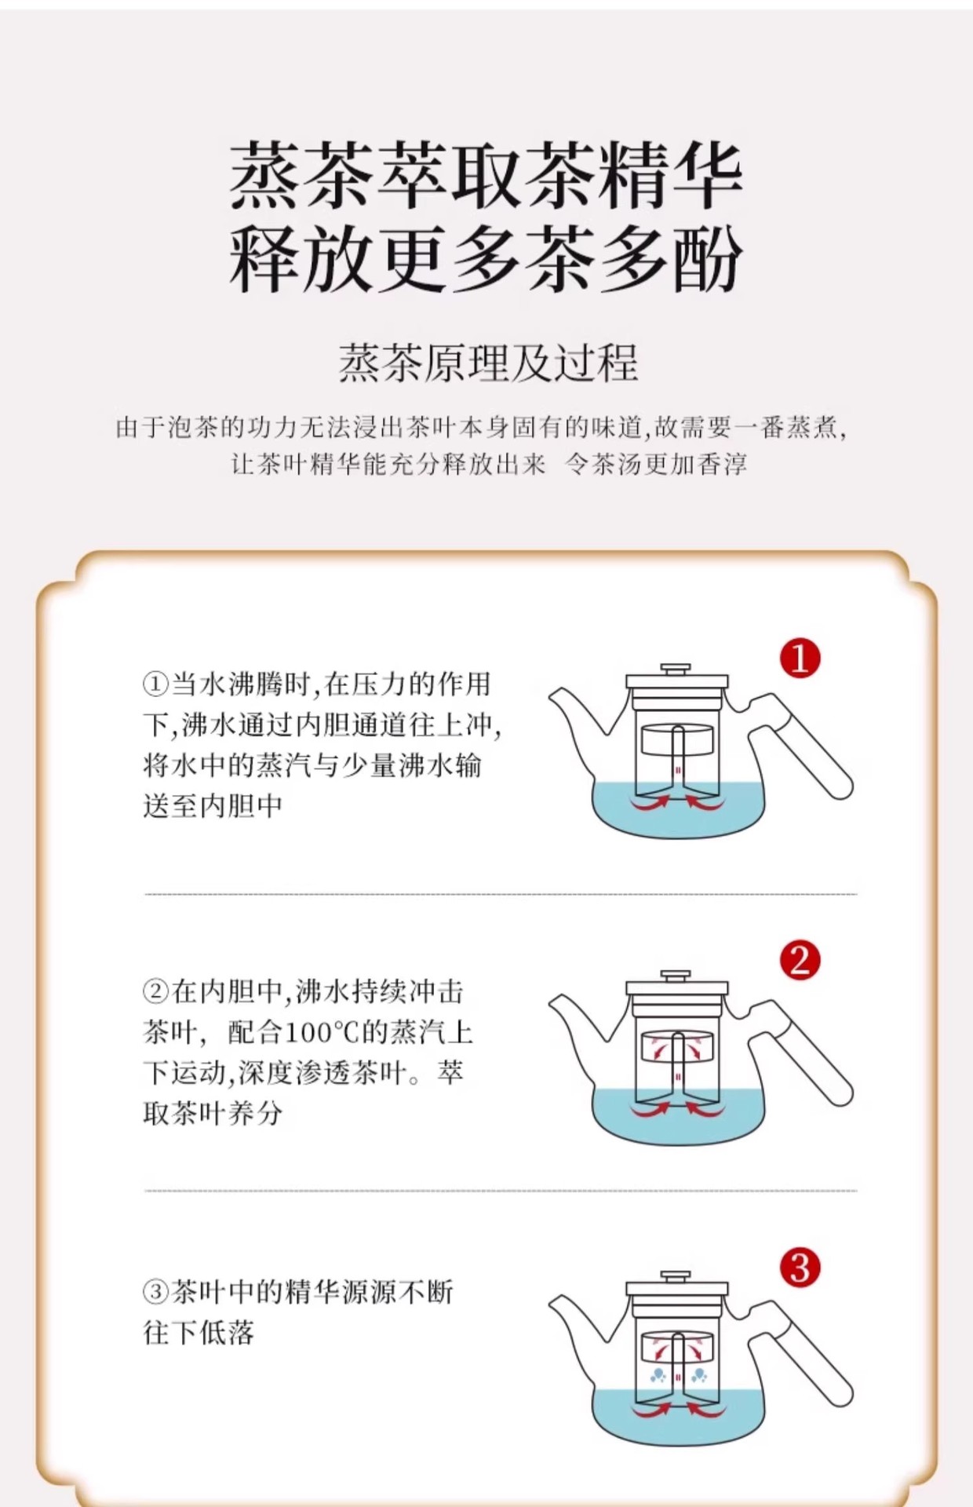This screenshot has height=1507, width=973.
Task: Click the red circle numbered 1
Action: tap(800, 658)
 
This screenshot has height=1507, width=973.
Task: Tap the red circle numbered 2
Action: tap(800, 961)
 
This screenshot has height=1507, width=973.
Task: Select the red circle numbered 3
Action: tap(800, 1268)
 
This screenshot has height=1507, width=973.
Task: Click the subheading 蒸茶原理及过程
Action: tap(488, 363)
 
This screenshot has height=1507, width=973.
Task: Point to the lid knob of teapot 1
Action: tap(676, 670)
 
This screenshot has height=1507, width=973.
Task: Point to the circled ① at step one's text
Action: tap(155, 684)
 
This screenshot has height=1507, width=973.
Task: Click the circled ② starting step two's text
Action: tap(155, 991)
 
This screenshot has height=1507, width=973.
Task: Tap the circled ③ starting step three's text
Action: tap(155, 1291)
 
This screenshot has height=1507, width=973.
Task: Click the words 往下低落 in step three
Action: tap(199, 1332)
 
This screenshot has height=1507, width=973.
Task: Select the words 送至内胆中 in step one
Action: tap(213, 805)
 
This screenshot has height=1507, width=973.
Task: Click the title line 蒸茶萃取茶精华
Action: tap(486, 175)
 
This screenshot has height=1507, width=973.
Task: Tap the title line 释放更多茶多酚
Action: tap(486, 257)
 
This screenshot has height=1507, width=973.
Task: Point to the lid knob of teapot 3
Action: tap(676, 1277)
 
